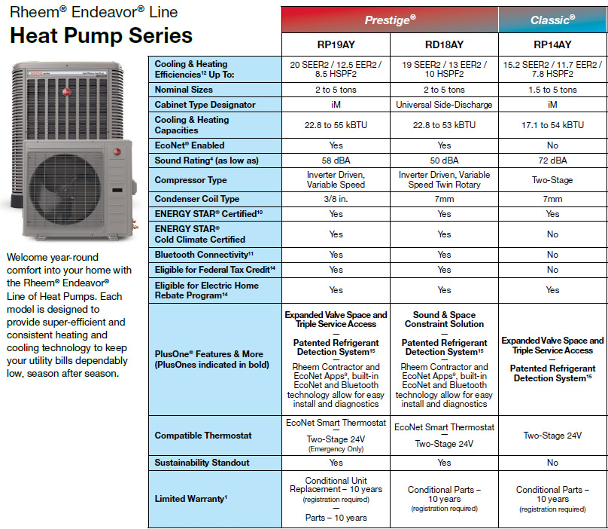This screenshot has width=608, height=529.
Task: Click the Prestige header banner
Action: point(390,20)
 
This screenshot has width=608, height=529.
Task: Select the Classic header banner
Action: point(552,20)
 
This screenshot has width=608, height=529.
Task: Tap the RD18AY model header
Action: point(444,44)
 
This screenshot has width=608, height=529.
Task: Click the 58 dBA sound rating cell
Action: point(336,161)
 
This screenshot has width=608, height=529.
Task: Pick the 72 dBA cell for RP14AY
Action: point(552,161)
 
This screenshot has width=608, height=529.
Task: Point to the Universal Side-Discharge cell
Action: point(444,105)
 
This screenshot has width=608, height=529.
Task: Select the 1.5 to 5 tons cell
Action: point(552,90)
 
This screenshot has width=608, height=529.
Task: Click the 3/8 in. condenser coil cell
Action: point(336,199)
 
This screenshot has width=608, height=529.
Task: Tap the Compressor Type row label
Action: point(190,180)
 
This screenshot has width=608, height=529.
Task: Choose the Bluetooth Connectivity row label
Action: point(204,255)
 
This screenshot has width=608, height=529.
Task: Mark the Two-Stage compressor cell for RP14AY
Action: point(552,180)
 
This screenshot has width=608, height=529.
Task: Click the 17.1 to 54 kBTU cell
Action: point(552,125)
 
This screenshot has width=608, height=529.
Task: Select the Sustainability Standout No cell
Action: point(552,463)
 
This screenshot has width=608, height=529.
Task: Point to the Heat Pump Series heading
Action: point(101,35)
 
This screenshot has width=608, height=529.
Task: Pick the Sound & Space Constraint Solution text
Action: point(444,320)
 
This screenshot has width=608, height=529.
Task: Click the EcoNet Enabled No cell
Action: point(552,145)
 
